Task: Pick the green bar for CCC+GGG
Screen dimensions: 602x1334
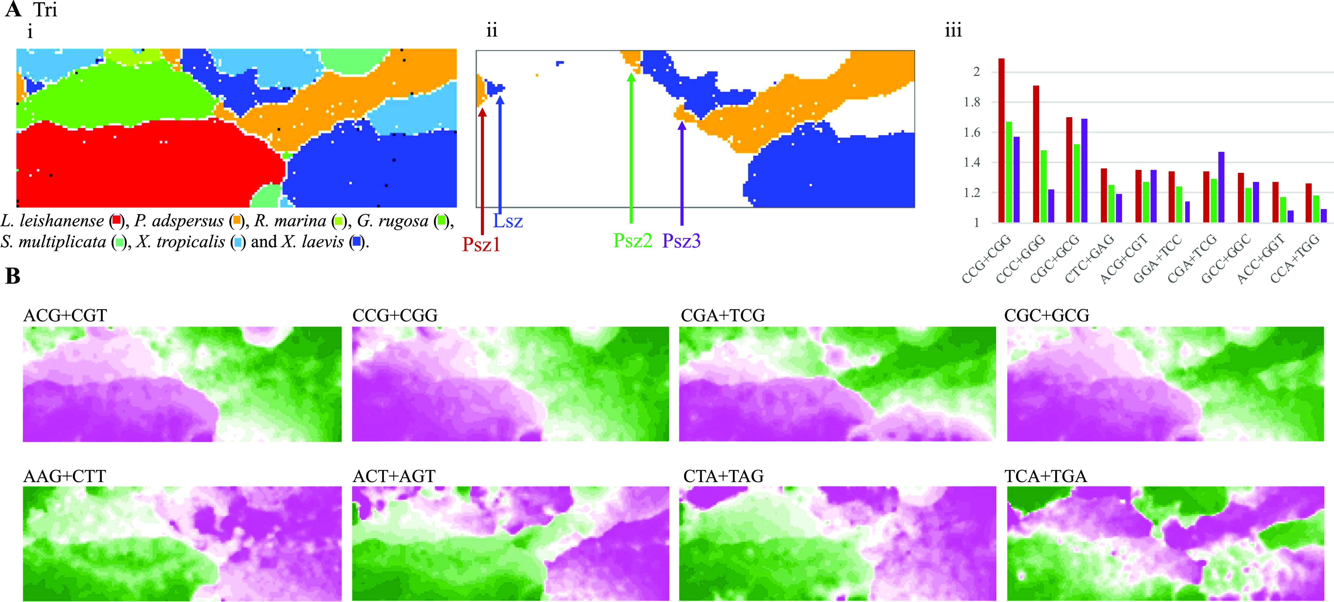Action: (1044, 186)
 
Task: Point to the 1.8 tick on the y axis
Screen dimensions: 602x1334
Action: (971, 102)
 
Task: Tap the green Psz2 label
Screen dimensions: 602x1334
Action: (632, 241)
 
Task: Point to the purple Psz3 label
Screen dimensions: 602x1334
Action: (682, 241)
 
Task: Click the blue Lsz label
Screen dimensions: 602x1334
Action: (507, 221)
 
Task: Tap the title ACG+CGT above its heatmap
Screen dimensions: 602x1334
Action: (65, 315)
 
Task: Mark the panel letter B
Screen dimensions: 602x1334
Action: (13, 276)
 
